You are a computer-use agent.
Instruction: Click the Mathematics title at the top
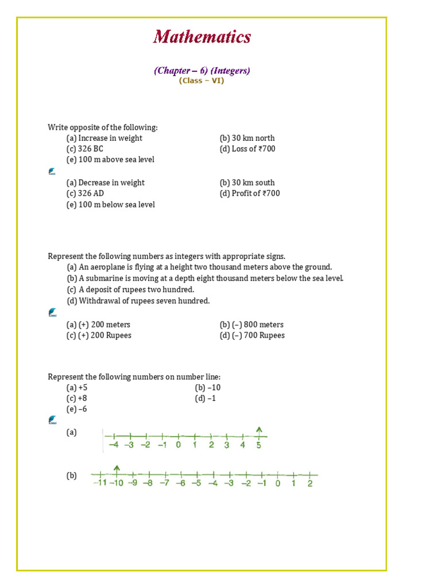click(202, 37)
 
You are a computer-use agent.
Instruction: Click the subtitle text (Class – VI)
click(202, 81)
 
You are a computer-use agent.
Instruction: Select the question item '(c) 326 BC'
click(85, 149)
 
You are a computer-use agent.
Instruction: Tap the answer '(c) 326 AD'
click(85, 194)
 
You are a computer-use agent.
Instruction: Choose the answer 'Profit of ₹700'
click(256, 194)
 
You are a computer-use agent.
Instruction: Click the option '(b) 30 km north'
click(247, 138)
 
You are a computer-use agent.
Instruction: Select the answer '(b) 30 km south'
click(247, 183)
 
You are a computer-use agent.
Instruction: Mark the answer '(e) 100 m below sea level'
click(110, 204)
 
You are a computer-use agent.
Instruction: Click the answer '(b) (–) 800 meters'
click(252, 324)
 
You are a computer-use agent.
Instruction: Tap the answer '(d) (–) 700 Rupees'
click(252, 335)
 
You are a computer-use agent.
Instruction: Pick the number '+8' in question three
click(83, 398)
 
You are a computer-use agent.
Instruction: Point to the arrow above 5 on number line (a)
click(259, 430)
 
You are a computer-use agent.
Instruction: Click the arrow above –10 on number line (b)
click(117, 469)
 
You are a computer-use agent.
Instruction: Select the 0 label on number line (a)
click(178, 445)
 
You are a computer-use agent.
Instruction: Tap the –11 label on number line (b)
click(99, 483)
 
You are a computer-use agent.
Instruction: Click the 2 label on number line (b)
click(310, 483)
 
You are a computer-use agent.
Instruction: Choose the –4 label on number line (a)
click(114, 445)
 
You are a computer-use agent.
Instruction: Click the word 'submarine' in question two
click(104, 278)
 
